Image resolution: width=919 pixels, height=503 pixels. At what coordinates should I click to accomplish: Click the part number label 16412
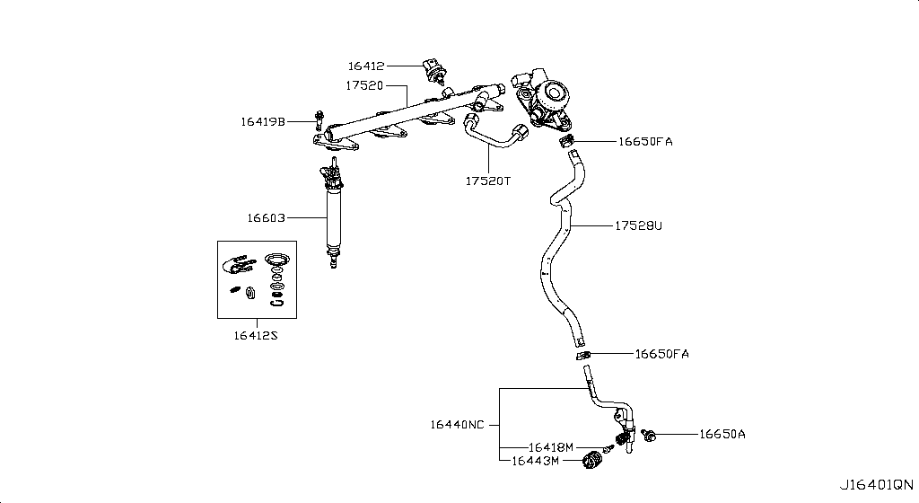pos(366,66)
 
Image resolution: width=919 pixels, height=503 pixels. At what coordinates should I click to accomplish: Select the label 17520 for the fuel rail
pos(364,86)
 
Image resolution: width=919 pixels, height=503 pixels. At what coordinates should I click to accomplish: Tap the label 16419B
pos(262,121)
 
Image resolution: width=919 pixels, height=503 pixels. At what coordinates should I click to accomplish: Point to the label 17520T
pos(487,181)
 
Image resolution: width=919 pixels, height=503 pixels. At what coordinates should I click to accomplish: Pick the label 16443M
pos(536,461)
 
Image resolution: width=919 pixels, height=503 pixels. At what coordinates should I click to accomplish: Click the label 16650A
pos(722,435)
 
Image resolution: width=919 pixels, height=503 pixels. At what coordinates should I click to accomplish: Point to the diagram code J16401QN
pos(877,484)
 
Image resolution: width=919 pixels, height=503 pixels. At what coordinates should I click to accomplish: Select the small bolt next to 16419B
pos(318,119)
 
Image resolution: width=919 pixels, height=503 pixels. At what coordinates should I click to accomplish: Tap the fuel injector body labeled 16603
pos(335,216)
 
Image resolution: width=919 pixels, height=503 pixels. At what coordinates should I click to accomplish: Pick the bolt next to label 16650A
pos(650,436)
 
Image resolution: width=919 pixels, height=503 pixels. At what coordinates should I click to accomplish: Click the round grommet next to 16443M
pos(591,463)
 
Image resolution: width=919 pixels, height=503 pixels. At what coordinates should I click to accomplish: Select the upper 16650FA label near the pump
pos(644,142)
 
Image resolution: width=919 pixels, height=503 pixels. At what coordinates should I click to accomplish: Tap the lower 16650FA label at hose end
pos(661,354)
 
